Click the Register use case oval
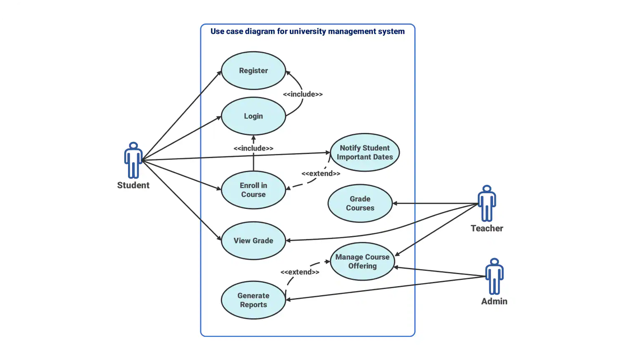pyautogui.click(x=253, y=71)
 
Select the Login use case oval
pyautogui.click(x=253, y=116)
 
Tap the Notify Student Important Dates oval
pyautogui.click(x=365, y=152)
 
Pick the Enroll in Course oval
pyautogui.click(x=253, y=190)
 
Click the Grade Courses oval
pyautogui.click(x=360, y=203)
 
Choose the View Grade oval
pyautogui.click(x=253, y=241)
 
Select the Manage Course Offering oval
pyautogui.click(x=362, y=261)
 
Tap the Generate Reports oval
pyautogui.click(x=253, y=300)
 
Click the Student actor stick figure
pyautogui.click(x=133, y=160)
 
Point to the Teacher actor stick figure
pyautogui.click(x=487, y=203)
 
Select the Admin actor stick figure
pyautogui.click(x=494, y=276)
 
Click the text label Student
pyautogui.click(x=133, y=185)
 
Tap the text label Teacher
pyautogui.click(x=487, y=228)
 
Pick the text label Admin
pyautogui.click(x=494, y=301)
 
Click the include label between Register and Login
pyautogui.click(x=303, y=94)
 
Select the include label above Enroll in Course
pyautogui.click(x=253, y=148)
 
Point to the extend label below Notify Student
pyautogui.click(x=321, y=173)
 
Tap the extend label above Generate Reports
pyautogui.click(x=300, y=272)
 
